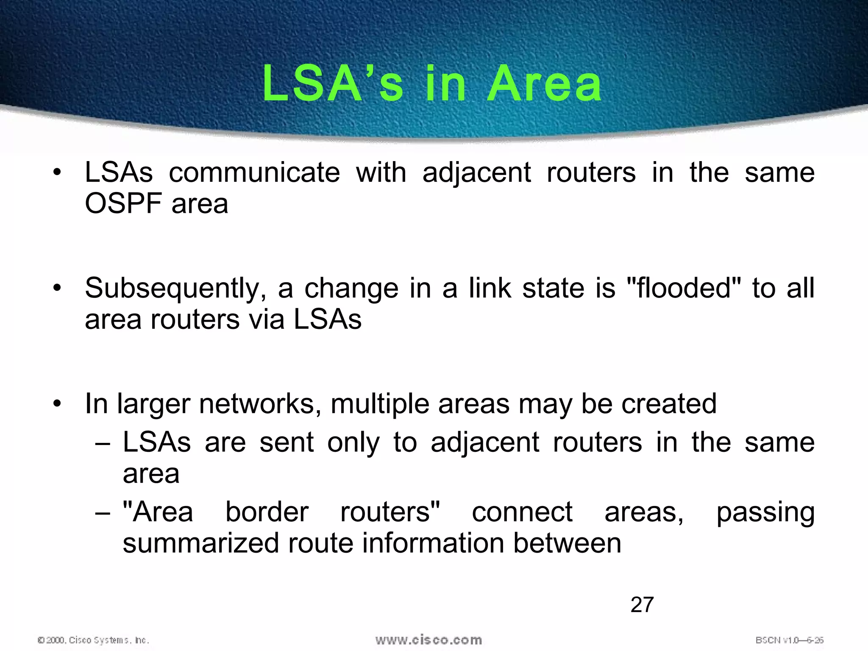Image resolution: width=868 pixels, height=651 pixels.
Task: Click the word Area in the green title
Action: [x=544, y=84]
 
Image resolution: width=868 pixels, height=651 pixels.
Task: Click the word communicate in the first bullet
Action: [x=254, y=173]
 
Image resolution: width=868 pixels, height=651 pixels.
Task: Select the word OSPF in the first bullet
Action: [x=123, y=204]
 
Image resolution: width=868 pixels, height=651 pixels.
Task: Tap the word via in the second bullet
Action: [x=267, y=320]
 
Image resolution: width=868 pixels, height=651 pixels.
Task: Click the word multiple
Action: [x=379, y=404]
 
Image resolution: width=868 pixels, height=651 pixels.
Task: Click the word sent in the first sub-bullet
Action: [x=287, y=443]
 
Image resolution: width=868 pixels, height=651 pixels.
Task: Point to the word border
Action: [x=267, y=512]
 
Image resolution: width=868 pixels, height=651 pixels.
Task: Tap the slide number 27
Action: [x=642, y=605]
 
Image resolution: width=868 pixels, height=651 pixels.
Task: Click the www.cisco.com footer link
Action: [x=428, y=640]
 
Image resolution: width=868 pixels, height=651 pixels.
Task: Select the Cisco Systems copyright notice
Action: [x=93, y=640]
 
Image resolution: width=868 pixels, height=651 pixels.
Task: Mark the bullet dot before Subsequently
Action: [x=57, y=288]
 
